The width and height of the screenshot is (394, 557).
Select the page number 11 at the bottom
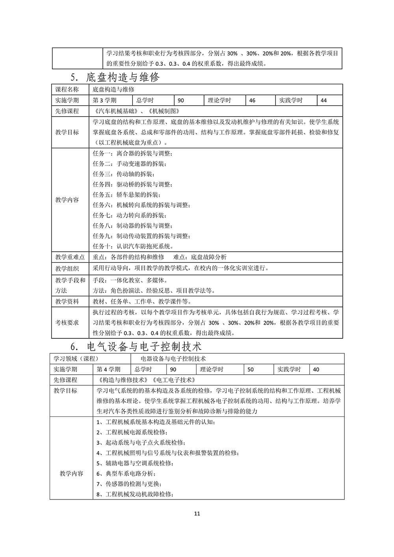click(x=197, y=513)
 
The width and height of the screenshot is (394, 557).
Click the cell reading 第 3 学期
click(x=104, y=100)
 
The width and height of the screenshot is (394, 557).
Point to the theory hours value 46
click(x=253, y=100)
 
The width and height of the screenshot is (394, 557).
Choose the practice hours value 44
click(x=324, y=100)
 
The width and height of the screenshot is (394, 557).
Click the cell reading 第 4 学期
click(x=108, y=369)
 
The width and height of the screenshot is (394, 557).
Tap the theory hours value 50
click(x=251, y=369)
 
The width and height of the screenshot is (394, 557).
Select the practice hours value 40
click(x=316, y=369)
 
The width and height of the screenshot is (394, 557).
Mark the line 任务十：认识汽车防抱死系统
click(x=133, y=246)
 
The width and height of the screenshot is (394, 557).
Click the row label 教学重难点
click(x=70, y=257)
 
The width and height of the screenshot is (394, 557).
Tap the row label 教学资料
click(x=67, y=302)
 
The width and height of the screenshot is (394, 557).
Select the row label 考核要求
click(x=67, y=323)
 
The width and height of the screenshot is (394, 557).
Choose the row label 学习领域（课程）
click(x=76, y=359)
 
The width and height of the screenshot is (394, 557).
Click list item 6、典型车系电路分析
click(x=126, y=473)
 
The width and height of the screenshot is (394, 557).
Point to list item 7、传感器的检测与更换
click(x=129, y=484)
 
